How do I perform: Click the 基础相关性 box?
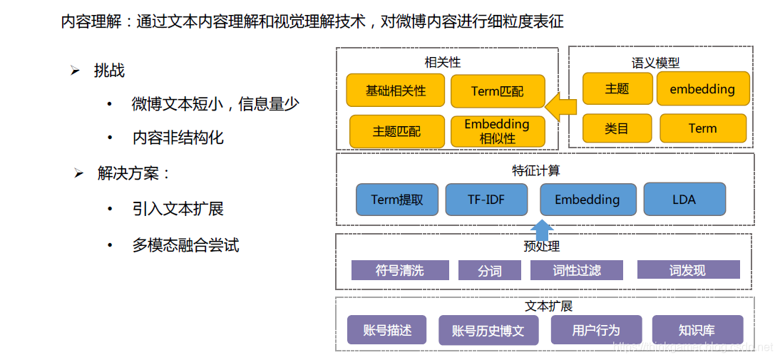[396, 91]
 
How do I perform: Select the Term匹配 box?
[498, 91]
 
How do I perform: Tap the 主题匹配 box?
[396, 131]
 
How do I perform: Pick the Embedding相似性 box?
[498, 131]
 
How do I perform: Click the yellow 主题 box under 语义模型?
[617, 88]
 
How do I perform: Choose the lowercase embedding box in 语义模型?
[702, 88]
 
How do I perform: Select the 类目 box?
[617, 128]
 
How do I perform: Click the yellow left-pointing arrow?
[562, 108]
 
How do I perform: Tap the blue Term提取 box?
[397, 200]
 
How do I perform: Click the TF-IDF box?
[486, 200]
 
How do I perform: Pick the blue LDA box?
[684, 200]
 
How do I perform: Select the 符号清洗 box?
[400, 270]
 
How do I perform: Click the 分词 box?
[490, 271]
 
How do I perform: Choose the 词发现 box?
[688, 269]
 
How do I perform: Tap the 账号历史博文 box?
[488, 330]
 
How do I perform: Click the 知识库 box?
[697, 330]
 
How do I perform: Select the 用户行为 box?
[596, 330]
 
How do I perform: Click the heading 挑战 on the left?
[109, 71]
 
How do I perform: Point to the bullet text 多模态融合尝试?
[185, 245]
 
